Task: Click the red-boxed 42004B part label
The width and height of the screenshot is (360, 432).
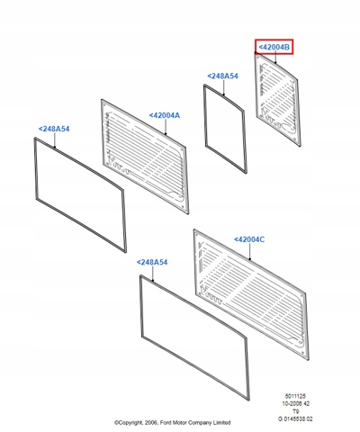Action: click(274, 47)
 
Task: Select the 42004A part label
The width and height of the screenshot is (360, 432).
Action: click(165, 115)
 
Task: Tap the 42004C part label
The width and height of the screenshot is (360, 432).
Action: click(249, 239)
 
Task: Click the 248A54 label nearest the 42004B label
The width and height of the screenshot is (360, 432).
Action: click(222, 76)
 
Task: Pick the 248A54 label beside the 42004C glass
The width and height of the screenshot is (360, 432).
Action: click(152, 262)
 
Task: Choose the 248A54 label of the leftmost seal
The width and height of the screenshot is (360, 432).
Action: click(54, 129)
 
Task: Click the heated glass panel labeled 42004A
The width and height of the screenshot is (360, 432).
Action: click(145, 157)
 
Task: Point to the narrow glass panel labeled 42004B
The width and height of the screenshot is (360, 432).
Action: click(277, 99)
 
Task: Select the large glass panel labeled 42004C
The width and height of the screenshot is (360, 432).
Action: click(251, 294)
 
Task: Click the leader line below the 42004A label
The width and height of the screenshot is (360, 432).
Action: click(165, 127)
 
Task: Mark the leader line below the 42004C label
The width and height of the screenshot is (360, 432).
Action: click(249, 251)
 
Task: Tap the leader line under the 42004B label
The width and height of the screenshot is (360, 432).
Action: click(275, 58)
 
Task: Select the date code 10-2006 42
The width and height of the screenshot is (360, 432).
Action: click(295, 404)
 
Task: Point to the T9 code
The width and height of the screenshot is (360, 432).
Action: click(295, 411)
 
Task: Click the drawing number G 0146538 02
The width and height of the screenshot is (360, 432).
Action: click(295, 419)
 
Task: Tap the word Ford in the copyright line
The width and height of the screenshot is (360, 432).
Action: click(165, 423)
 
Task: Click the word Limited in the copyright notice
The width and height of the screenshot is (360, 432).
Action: click(221, 423)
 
